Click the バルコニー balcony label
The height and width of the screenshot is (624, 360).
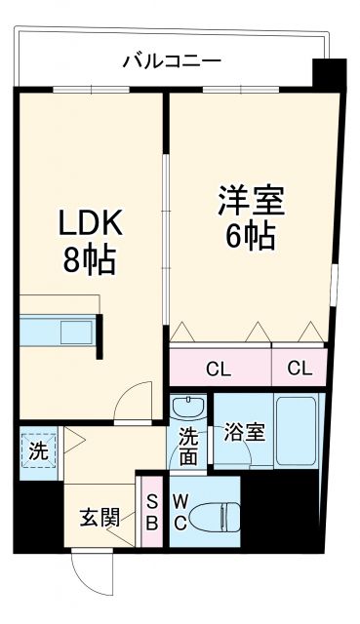(x=171, y=61)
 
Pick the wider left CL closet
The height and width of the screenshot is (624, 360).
(x=219, y=368)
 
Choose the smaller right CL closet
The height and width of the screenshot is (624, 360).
(x=300, y=368)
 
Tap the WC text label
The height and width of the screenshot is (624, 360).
(x=180, y=515)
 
